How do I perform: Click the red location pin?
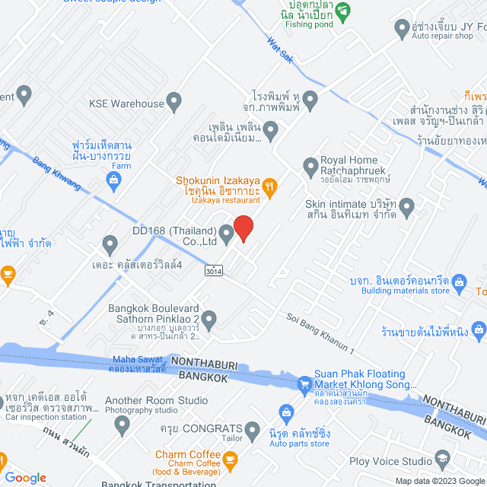(243, 228)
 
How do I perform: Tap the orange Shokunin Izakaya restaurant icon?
(269, 186)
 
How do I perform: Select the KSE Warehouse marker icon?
(174, 102)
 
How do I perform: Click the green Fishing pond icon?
(344, 11)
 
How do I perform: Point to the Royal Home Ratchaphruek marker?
(310, 165)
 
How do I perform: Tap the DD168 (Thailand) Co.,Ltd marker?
(227, 232)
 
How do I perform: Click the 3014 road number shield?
(215, 270)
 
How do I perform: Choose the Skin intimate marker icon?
(407, 205)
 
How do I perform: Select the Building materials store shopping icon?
(460, 284)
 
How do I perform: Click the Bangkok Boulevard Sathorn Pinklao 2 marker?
(208, 318)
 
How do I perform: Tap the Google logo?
(25, 478)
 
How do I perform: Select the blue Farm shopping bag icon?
(113, 180)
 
